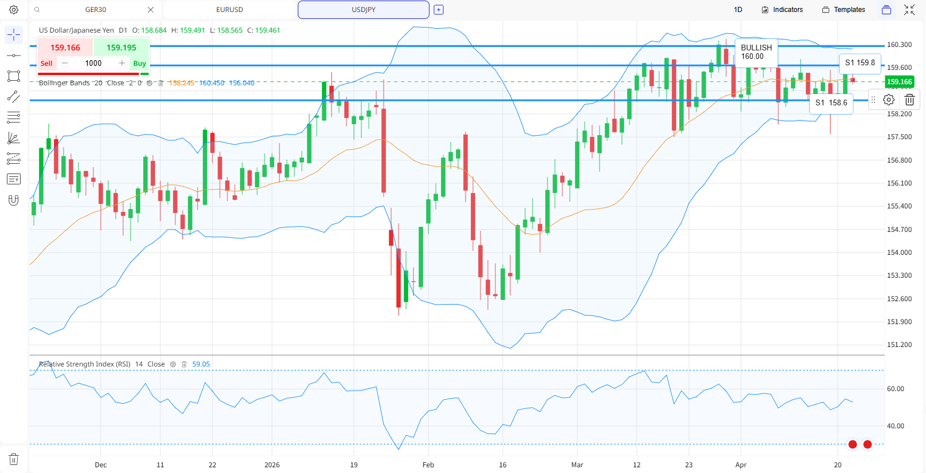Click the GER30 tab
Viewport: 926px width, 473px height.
coord(96,10)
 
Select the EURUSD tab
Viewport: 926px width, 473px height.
coord(230,10)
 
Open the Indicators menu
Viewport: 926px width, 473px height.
coord(782,10)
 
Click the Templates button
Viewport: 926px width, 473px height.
coord(844,10)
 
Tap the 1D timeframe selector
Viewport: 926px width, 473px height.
coord(738,10)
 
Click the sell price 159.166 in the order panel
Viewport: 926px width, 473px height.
coord(65,48)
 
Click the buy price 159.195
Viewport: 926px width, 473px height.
coord(121,48)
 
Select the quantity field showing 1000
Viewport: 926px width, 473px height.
coord(93,64)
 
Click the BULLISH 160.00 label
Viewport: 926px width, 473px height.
coord(756,52)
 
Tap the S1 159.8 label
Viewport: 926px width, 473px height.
coord(860,63)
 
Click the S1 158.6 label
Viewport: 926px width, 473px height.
coord(831,103)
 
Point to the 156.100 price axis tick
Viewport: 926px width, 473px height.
coord(899,183)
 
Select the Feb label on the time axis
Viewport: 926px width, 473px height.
coord(428,465)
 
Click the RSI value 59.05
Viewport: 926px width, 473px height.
coord(201,364)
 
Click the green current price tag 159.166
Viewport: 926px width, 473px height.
coord(899,82)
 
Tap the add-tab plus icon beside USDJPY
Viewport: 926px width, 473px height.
coord(439,10)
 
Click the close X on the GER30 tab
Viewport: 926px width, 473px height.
coord(151,10)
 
